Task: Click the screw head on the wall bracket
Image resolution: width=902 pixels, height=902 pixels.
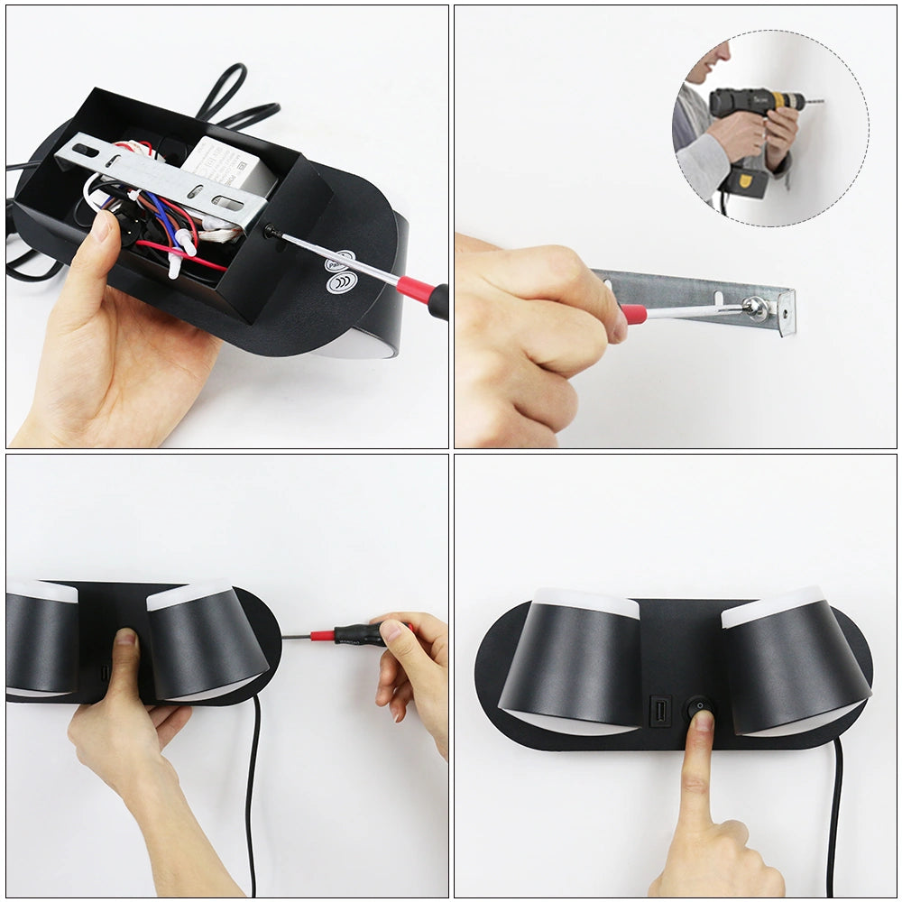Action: [x=755, y=308]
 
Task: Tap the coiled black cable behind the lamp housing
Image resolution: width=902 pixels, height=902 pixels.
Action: [x=235, y=99]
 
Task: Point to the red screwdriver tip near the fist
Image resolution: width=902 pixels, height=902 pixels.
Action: [x=632, y=314]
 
